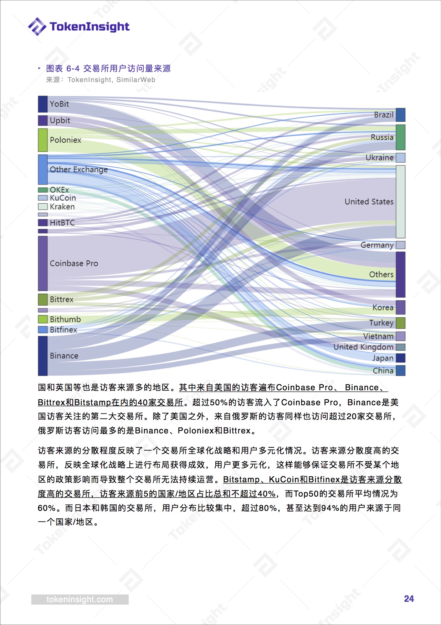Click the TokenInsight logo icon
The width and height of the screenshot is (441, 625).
[x=37, y=26]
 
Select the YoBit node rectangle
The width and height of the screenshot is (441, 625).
[x=43, y=104]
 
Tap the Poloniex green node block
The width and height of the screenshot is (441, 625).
[x=43, y=140]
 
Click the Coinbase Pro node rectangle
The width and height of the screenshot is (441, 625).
[x=43, y=263]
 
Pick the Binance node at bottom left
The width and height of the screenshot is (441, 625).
[x=43, y=356]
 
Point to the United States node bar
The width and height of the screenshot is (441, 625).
[x=401, y=202]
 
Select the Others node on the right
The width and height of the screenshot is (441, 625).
[x=401, y=274]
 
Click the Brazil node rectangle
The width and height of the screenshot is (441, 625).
[x=401, y=115]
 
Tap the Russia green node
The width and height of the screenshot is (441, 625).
[x=401, y=137]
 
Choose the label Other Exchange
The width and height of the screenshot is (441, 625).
[x=79, y=169]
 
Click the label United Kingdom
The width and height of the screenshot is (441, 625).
[x=364, y=347]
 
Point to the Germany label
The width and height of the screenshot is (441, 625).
[x=377, y=245]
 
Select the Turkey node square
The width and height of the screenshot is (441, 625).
[x=401, y=323]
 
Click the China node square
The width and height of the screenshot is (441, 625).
[x=401, y=370]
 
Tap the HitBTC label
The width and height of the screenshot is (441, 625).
[x=62, y=223]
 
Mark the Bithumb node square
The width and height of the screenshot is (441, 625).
[x=43, y=319]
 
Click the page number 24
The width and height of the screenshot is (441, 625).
[x=409, y=599]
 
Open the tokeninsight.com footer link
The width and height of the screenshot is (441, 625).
[x=80, y=599]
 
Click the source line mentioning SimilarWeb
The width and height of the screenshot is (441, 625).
[x=101, y=80]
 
